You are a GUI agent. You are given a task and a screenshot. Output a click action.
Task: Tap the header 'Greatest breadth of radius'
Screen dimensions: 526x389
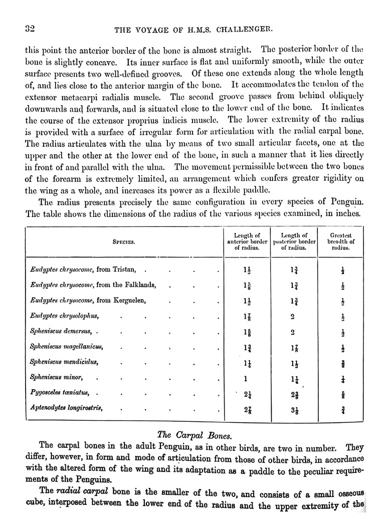[341, 241]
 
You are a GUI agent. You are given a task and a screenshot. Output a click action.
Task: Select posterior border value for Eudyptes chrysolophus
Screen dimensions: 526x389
[292, 317]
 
